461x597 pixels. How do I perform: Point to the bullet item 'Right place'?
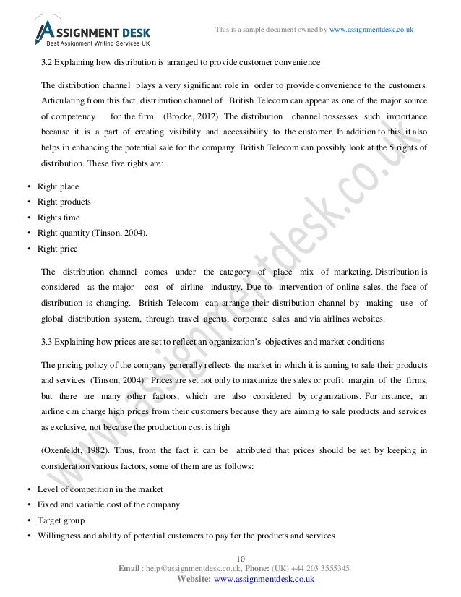[x=58, y=186]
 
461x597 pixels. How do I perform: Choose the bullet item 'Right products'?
[x=64, y=202]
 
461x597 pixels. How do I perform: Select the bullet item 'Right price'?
[x=58, y=249]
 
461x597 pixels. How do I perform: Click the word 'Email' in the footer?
[x=128, y=568]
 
